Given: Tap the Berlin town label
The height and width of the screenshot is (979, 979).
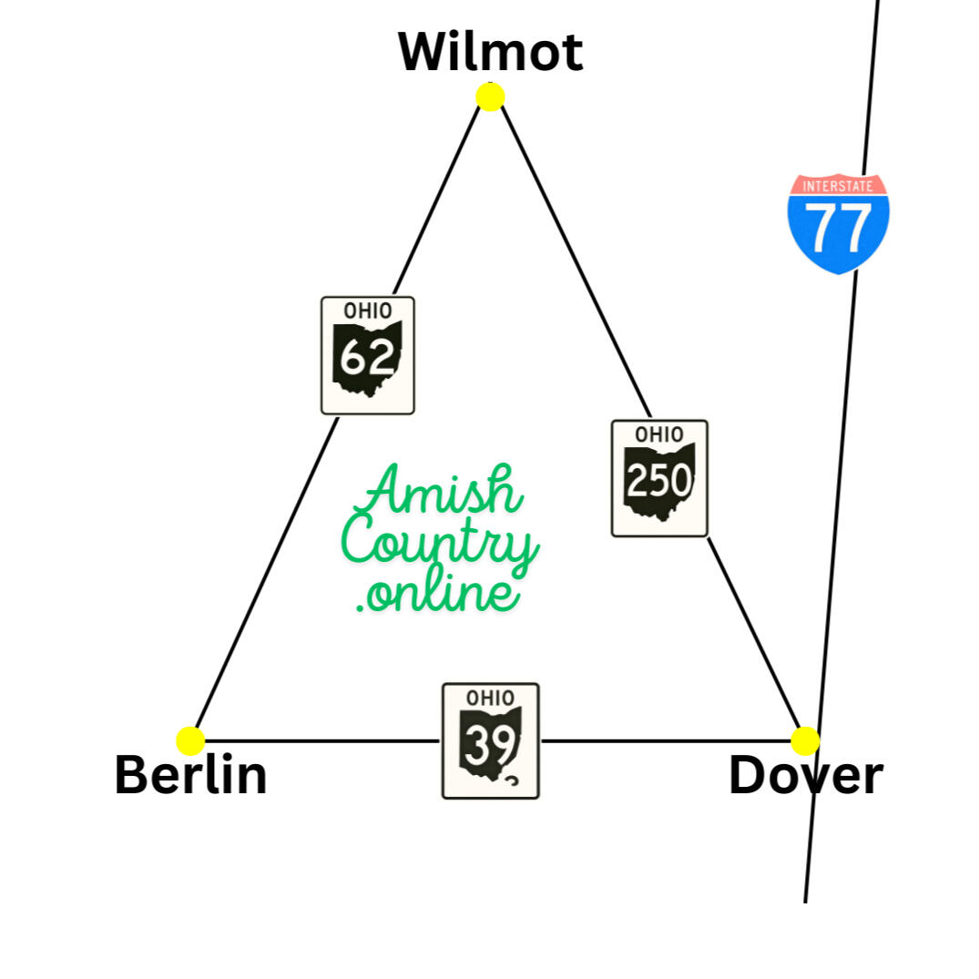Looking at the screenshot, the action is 191,775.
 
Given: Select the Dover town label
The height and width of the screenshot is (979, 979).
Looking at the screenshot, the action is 806,775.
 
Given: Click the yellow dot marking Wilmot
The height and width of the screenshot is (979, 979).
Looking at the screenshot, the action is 490,97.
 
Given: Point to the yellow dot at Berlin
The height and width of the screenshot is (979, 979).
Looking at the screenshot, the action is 190,741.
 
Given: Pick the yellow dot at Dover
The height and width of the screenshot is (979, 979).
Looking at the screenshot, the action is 805,741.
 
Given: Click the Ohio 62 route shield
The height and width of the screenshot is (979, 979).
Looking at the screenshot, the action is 368,355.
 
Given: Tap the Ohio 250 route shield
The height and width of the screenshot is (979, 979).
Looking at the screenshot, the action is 659,478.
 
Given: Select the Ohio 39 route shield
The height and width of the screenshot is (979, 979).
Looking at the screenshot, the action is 491,741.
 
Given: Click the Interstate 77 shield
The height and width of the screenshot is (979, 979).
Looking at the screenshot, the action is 839,223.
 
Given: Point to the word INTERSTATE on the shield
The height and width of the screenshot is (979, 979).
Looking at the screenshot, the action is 838,186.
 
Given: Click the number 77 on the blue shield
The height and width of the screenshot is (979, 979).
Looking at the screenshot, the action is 838,228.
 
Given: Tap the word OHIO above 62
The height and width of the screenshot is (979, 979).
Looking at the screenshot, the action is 368,311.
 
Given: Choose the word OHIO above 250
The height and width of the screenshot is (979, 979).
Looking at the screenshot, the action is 659,434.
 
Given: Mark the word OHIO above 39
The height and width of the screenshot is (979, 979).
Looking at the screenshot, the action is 491,698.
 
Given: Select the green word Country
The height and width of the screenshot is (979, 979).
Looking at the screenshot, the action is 440,543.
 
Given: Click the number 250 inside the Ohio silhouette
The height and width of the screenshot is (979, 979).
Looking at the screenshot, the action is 659,480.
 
